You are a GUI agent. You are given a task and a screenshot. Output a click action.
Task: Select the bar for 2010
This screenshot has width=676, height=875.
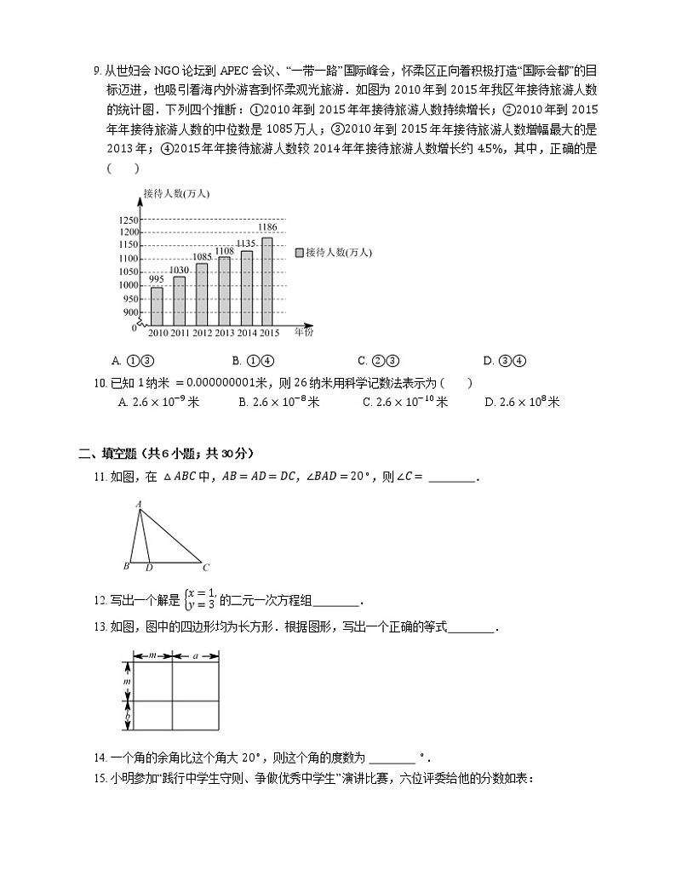pyautogui.click(x=157, y=306)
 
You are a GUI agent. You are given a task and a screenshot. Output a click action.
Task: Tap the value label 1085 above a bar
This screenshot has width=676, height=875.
pyautogui.click(x=203, y=256)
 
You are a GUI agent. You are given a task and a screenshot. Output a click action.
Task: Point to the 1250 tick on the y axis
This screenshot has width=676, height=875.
pyautogui.click(x=129, y=220)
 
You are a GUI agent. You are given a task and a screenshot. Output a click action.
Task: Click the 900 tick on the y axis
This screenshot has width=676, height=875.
pyautogui.click(x=131, y=312)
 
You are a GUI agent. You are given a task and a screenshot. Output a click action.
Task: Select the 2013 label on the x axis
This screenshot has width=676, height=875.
pyautogui.click(x=225, y=333)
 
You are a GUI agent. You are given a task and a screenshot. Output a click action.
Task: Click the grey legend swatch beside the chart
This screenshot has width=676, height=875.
pyautogui.click(x=299, y=253)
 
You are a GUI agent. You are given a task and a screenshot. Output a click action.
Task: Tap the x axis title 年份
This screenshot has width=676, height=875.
pyautogui.click(x=304, y=332)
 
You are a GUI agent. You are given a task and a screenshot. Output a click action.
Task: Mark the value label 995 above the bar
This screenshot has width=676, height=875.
pyautogui.click(x=157, y=279)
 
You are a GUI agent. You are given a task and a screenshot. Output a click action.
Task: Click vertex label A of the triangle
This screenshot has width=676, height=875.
pyautogui.click(x=138, y=504)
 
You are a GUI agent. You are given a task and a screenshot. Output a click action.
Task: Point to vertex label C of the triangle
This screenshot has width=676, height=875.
pyautogui.click(x=206, y=567)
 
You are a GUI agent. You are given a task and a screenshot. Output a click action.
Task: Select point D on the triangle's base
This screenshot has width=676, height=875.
pyautogui.click(x=149, y=567)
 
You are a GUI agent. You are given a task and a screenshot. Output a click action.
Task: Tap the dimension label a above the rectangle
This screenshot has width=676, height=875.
pyautogui.click(x=196, y=655)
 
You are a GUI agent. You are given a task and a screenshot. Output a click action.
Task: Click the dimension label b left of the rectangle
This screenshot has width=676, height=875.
pyautogui.click(x=127, y=718)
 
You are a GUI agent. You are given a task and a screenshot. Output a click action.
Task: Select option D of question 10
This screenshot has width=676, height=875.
pyautogui.click(x=521, y=402)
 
